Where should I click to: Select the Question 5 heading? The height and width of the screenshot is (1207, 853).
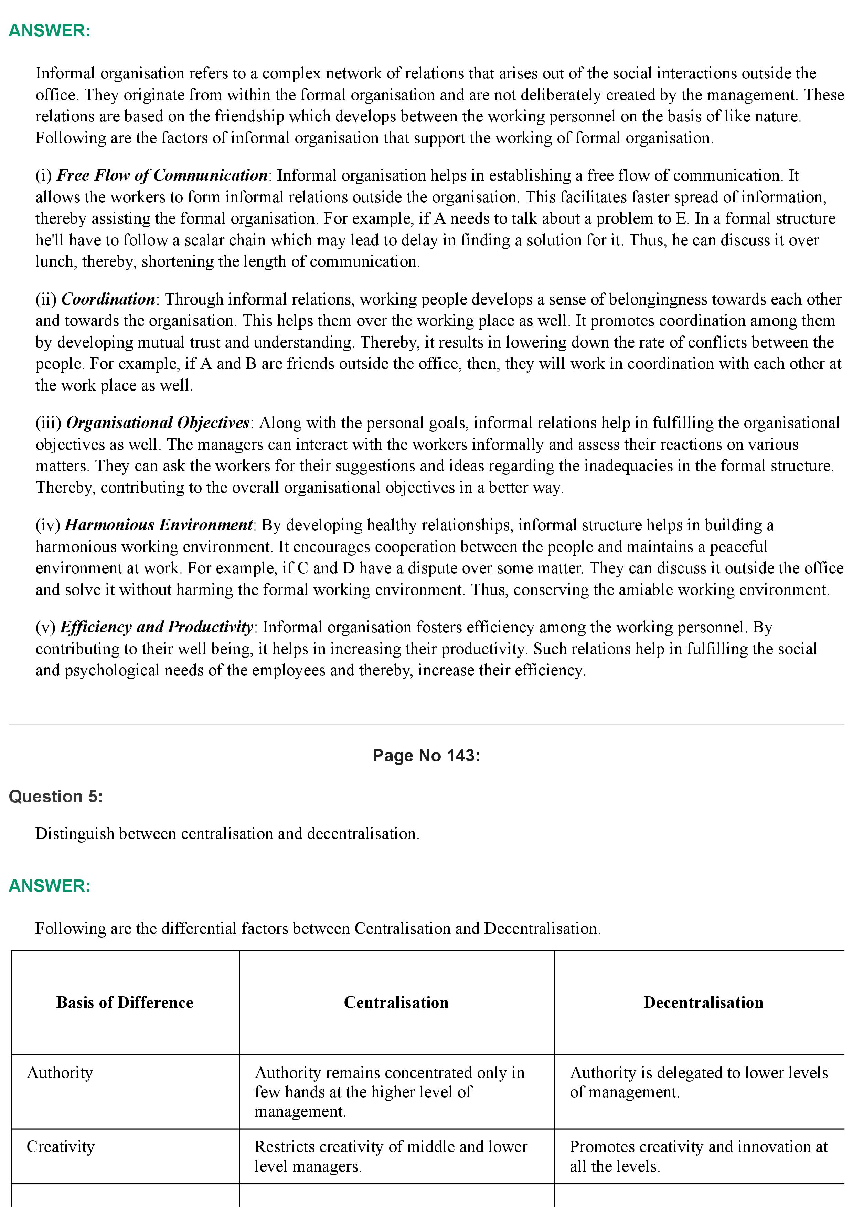point(56,797)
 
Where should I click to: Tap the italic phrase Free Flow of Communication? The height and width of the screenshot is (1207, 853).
point(162,175)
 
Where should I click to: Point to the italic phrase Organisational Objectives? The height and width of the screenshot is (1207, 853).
point(158,423)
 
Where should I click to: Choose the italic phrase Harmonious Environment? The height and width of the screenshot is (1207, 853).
point(159,525)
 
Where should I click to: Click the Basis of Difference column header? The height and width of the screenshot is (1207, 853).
point(125,1003)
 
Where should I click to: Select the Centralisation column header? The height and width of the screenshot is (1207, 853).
point(396,1003)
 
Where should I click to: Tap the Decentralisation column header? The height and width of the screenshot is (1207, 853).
point(703,1003)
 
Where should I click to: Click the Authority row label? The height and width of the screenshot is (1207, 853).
point(60,1072)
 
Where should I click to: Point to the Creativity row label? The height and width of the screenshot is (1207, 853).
point(61,1146)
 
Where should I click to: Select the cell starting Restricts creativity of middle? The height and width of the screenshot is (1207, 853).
point(391,1156)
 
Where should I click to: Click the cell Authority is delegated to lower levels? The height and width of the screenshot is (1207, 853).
point(699,1082)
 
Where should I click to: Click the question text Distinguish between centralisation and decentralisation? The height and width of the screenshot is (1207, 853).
point(227,834)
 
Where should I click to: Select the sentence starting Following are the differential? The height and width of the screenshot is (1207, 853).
point(318,928)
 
